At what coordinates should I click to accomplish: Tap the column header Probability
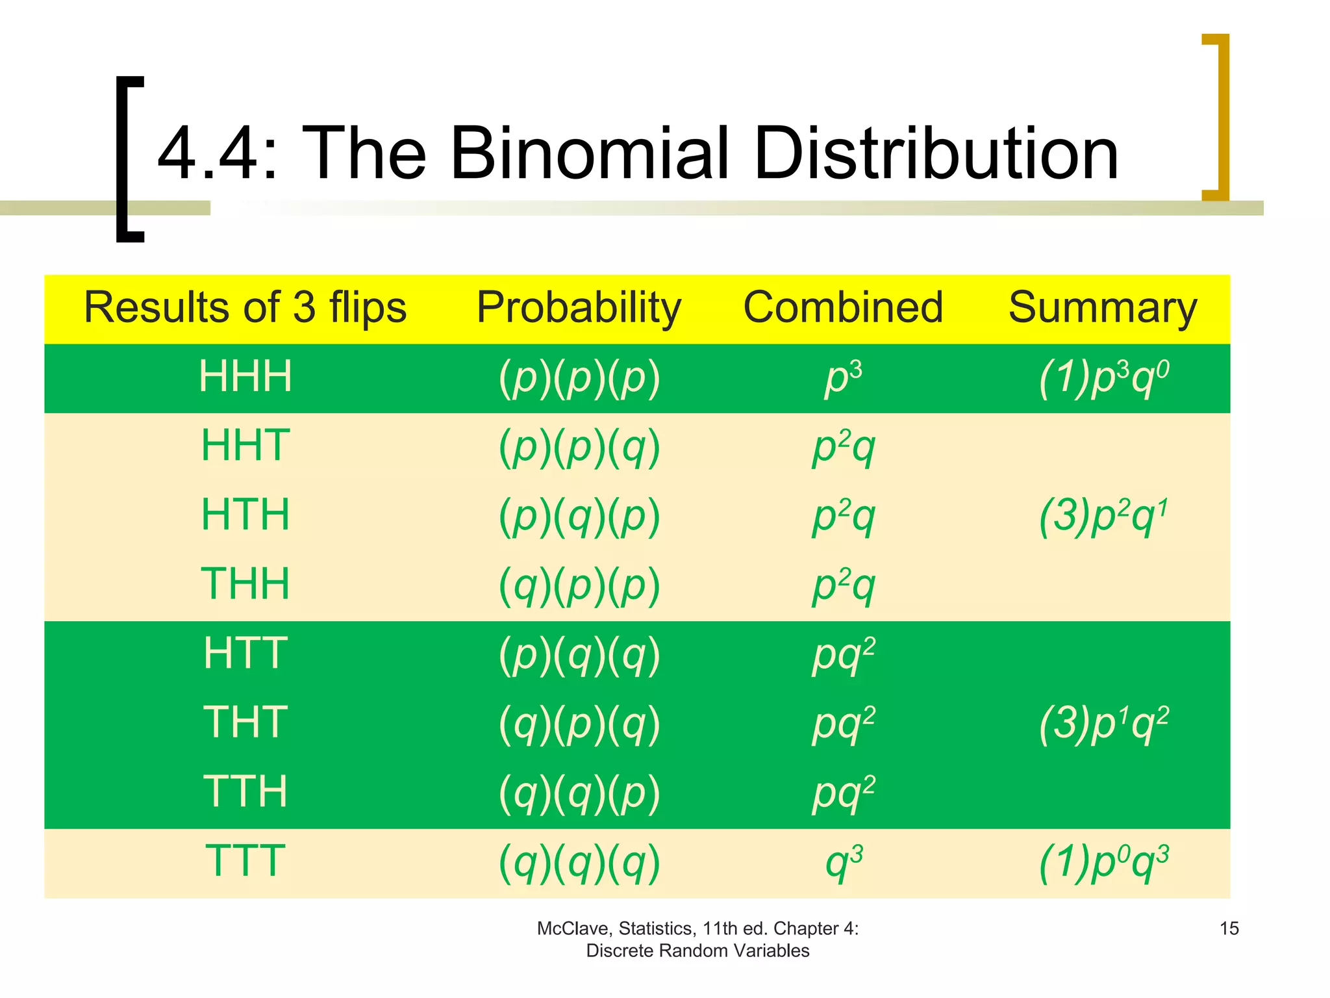coord(579,307)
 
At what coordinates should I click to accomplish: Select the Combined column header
coord(843,307)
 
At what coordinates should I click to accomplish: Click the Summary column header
coord(1103,307)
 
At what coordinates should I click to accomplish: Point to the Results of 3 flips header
coord(245,307)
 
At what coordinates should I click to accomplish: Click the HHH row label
coord(245,377)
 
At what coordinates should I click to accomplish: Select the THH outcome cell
coord(245,583)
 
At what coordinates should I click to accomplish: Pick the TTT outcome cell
coord(245,861)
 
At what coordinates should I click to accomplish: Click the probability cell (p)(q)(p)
coord(579,516)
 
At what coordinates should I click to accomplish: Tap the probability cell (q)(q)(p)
coord(579,793)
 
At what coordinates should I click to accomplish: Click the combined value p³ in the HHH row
coord(843,378)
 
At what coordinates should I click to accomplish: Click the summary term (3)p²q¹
coord(1103,516)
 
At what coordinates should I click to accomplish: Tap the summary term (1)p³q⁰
coord(1103,378)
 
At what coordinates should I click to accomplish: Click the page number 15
coord(1229,928)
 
